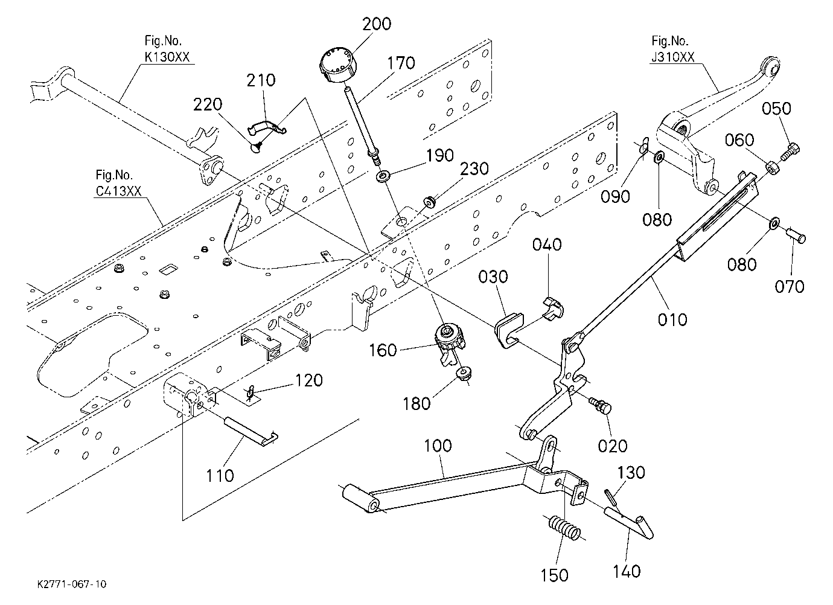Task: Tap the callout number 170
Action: [x=401, y=63]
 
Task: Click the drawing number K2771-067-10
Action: [x=72, y=584]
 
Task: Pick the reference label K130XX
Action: [x=167, y=57]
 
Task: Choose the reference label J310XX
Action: [x=672, y=57]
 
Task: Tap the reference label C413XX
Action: [x=119, y=191]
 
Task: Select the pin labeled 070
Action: [x=796, y=236]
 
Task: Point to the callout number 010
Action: [x=672, y=319]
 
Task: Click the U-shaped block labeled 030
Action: [x=509, y=330]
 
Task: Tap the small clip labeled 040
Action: [x=554, y=307]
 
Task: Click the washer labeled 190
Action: [x=383, y=176]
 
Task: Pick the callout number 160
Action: [x=383, y=350]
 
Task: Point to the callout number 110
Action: [x=220, y=476]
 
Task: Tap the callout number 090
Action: [x=615, y=196]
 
